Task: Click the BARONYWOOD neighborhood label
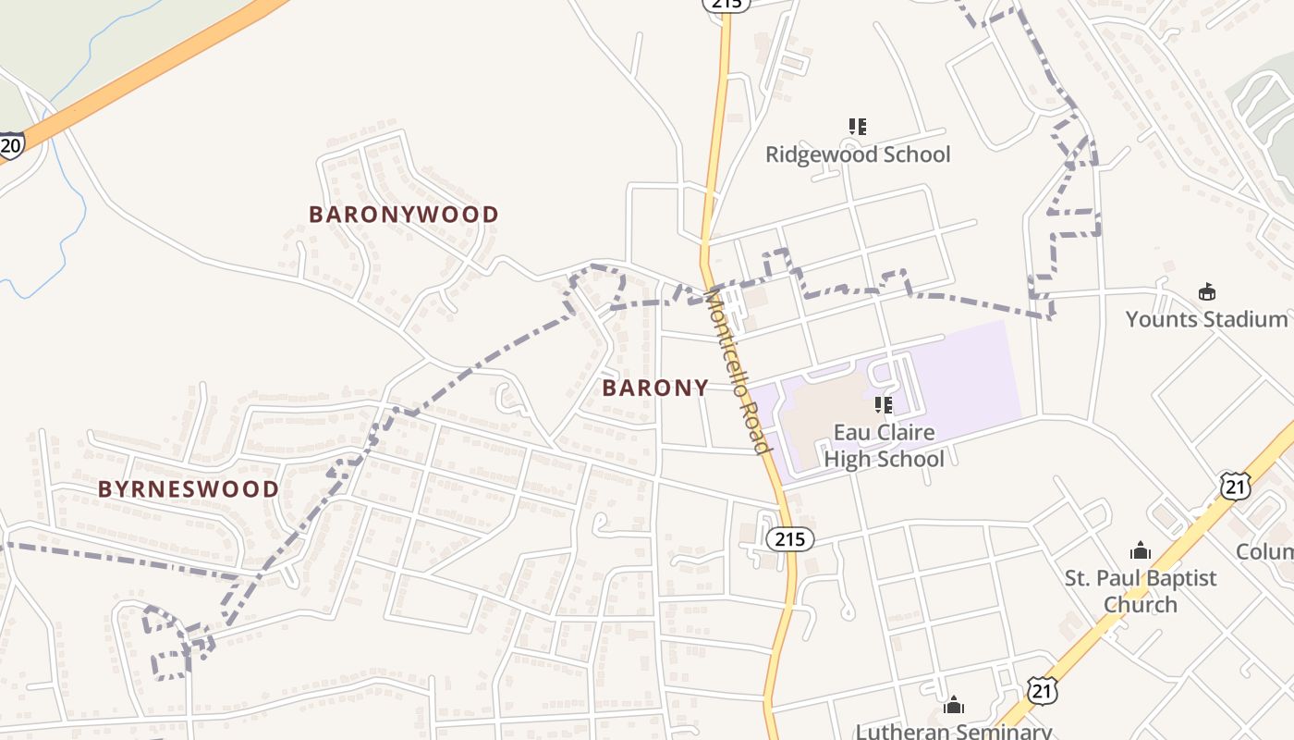(x=403, y=215)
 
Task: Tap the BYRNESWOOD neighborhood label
(x=189, y=489)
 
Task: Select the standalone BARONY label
(x=655, y=388)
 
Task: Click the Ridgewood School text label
(x=858, y=154)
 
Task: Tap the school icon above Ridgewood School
(x=858, y=127)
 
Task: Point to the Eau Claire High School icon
(x=884, y=405)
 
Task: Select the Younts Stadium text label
(x=1206, y=319)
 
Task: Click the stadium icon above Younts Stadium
(x=1206, y=292)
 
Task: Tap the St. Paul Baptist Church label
(x=1141, y=591)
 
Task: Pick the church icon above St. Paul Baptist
(x=1141, y=551)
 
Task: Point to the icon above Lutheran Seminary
(x=954, y=707)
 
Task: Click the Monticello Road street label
(x=738, y=370)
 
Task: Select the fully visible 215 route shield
(x=789, y=538)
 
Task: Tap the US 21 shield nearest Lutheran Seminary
(x=1041, y=689)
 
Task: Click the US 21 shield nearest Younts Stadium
(x=1235, y=486)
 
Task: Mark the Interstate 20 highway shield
(x=11, y=146)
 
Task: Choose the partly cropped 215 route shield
(x=726, y=4)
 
